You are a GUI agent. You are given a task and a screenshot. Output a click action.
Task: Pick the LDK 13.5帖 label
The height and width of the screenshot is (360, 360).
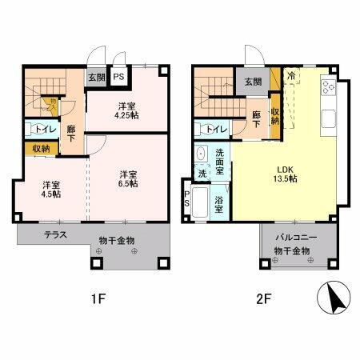[286, 174]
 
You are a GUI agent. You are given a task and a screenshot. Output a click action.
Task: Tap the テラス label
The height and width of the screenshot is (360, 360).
[54, 234]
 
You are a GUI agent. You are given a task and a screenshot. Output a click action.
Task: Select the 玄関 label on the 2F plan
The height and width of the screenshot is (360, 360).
[253, 81]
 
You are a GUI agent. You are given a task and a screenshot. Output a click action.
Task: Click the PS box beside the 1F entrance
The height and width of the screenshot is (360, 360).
[118, 78]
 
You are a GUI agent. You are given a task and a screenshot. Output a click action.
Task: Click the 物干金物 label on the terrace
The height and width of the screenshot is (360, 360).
[117, 240]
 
